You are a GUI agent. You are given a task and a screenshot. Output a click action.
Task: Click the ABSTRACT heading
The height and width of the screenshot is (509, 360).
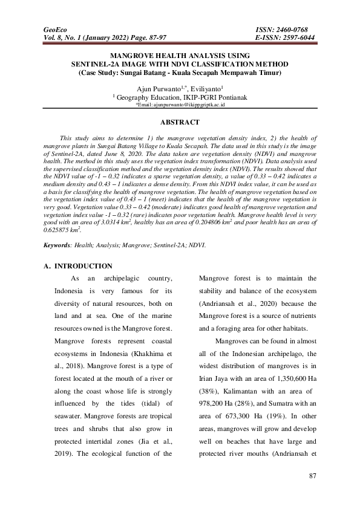[x=180, y=122]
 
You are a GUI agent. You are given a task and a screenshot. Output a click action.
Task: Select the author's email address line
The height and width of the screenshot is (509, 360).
[x=180, y=105]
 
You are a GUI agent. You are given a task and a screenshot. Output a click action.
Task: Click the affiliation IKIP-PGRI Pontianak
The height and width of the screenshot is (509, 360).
[x=213, y=96]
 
